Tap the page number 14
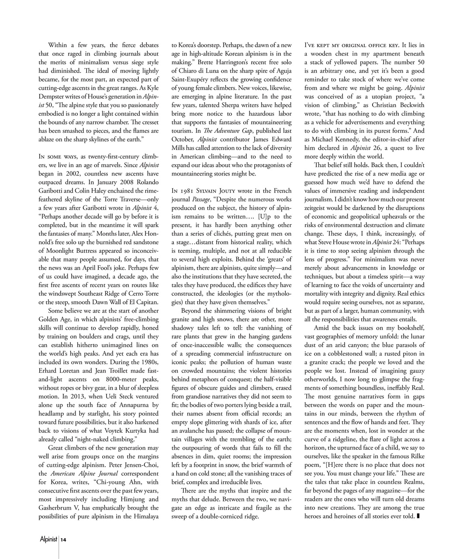click(64, 540)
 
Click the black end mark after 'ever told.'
click(418, 516)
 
